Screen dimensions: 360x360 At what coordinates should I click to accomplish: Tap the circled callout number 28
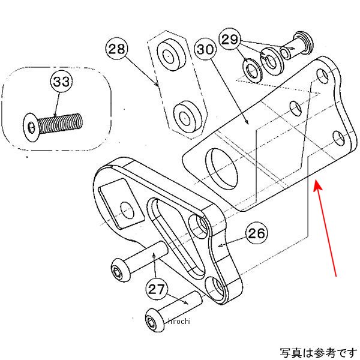(x=118, y=48)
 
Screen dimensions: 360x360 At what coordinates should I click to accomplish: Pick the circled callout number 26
(x=257, y=233)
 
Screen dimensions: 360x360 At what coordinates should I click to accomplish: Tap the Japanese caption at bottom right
(x=316, y=351)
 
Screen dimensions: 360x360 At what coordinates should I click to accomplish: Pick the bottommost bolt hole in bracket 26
(x=218, y=289)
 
